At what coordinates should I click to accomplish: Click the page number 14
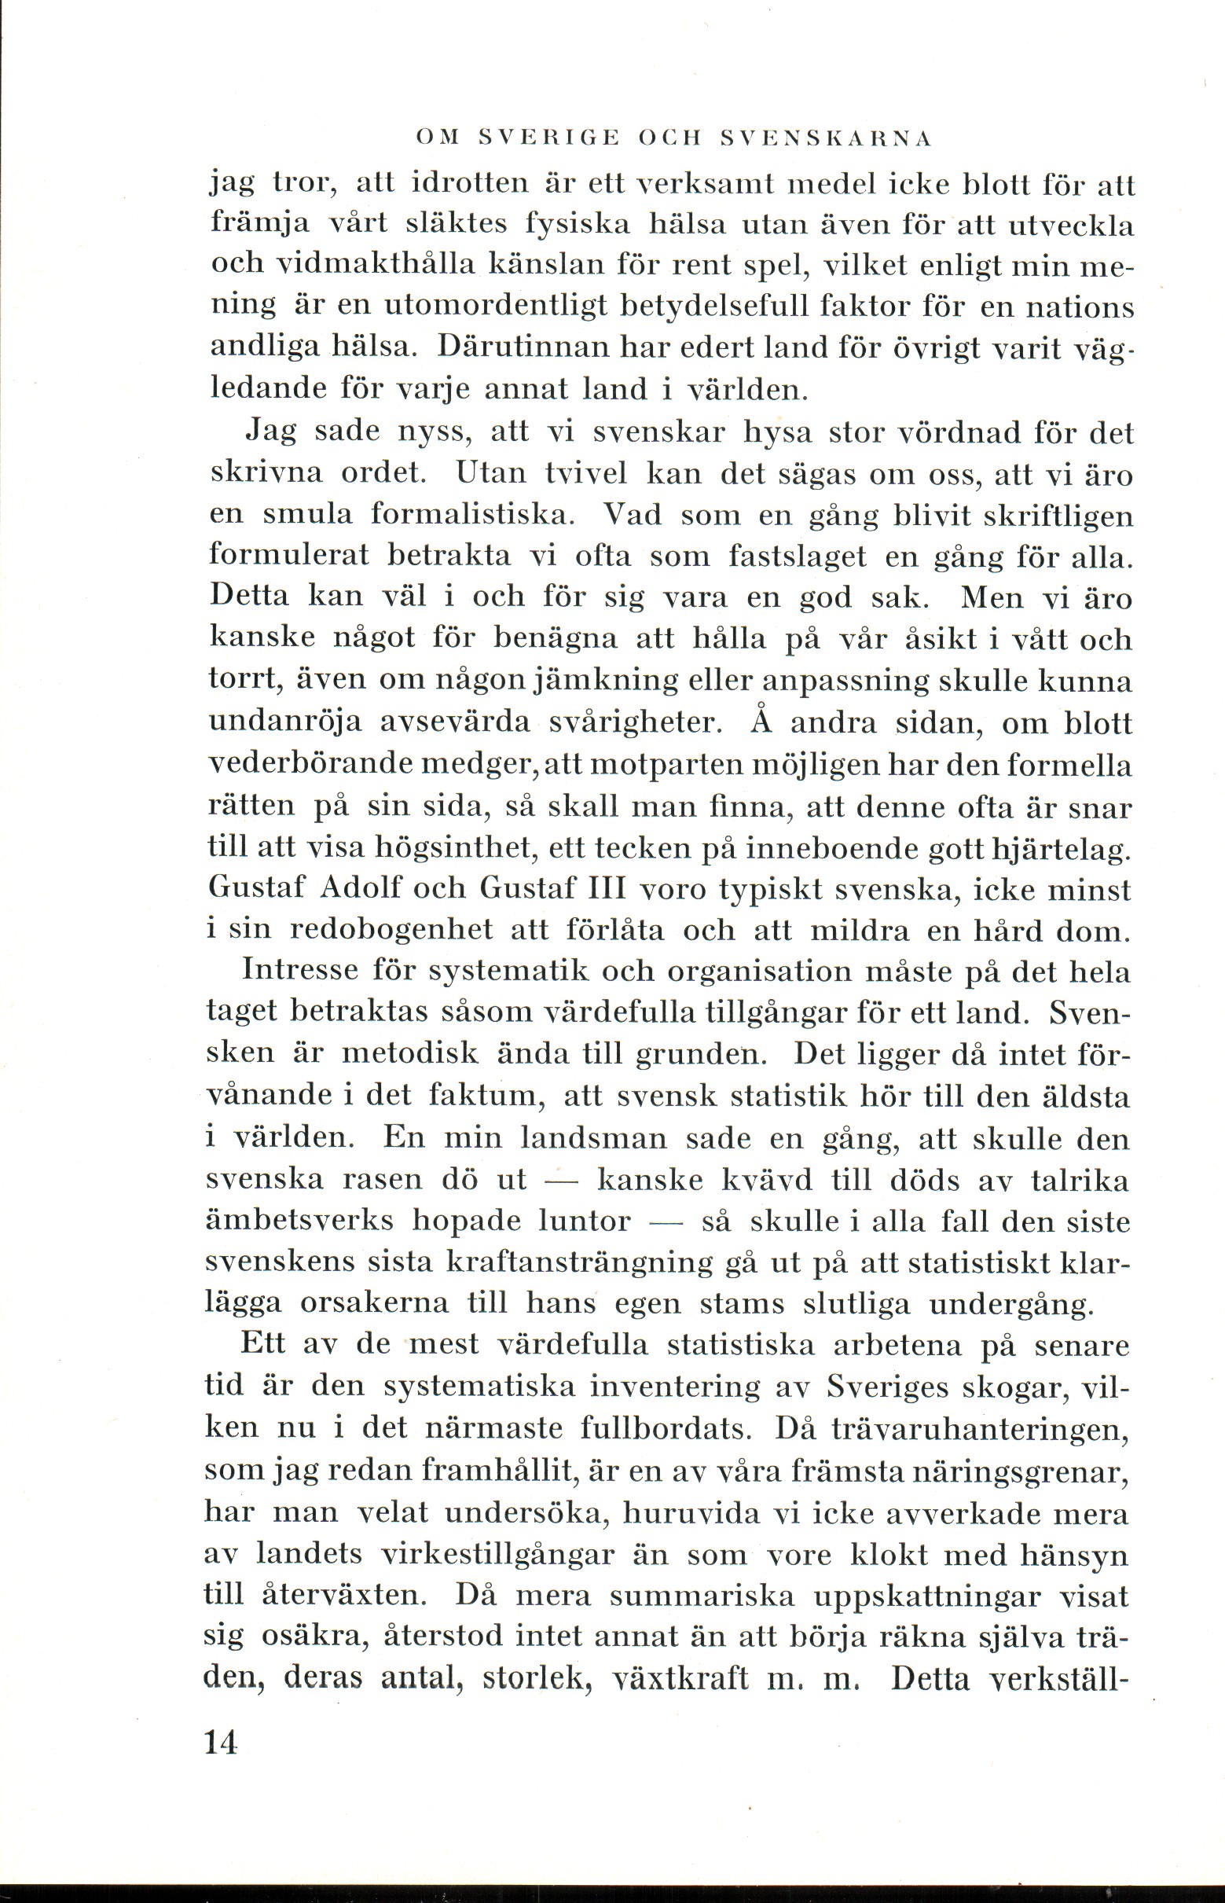(221, 1743)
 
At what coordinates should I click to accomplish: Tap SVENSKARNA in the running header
(825, 138)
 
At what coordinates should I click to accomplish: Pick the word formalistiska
(471, 514)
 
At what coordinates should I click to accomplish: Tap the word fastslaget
(796, 556)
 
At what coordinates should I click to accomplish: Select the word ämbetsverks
(299, 1222)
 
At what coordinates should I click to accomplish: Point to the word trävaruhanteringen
(979, 1430)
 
